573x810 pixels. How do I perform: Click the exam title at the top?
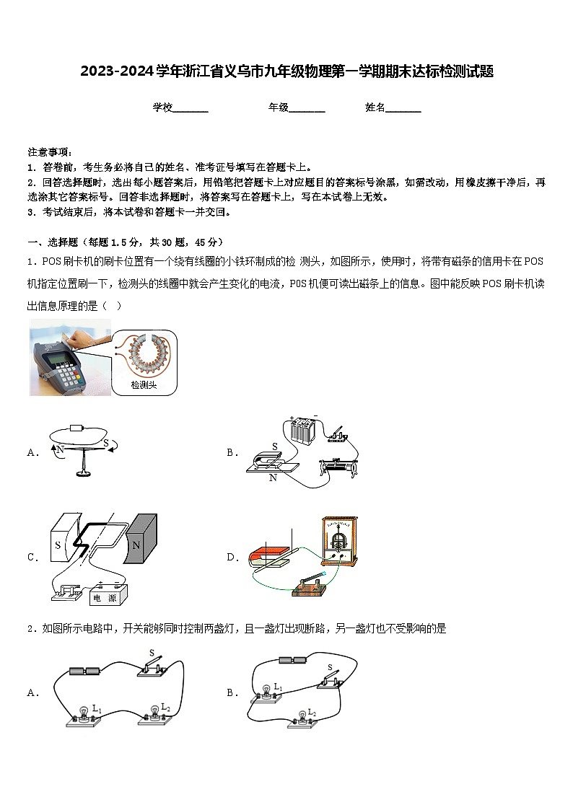point(286,71)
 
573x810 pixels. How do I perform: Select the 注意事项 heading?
point(50,152)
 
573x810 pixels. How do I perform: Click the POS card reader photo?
point(70,357)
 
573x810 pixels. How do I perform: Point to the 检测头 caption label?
point(144,385)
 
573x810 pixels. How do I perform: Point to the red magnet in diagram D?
point(266,557)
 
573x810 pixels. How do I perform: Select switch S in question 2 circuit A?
point(153,667)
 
